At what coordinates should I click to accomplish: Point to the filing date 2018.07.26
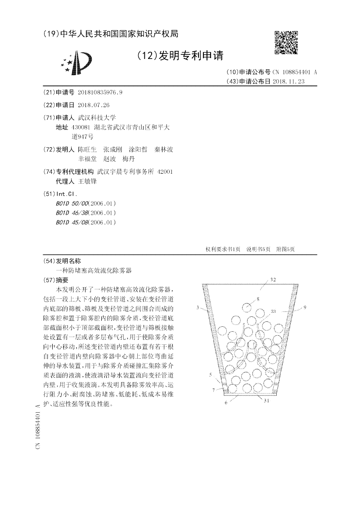(x=94, y=105)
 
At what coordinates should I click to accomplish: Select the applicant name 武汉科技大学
(x=97, y=117)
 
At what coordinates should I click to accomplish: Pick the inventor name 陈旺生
(x=87, y=149)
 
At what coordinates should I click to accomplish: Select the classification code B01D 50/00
(x=72, y=203)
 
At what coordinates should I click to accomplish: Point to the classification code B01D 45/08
(x=72, y=222)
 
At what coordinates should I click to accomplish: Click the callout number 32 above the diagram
(x=273, y=279)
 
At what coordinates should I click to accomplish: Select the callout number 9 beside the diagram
(x=305, y=307)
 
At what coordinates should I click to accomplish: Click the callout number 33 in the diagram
(x=274, y=311)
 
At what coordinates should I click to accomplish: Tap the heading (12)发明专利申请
(x=180, y=56)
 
